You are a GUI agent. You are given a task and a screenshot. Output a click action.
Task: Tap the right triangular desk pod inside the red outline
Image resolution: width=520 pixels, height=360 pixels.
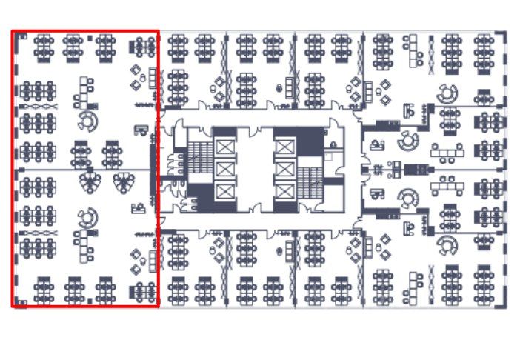(122, 181)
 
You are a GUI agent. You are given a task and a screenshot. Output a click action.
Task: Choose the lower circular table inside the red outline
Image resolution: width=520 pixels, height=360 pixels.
(87, 217)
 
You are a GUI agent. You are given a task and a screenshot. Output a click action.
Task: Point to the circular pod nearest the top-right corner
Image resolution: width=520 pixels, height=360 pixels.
(447, 94)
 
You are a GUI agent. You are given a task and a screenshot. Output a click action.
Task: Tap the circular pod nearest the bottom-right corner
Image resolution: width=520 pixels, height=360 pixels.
(447, 244)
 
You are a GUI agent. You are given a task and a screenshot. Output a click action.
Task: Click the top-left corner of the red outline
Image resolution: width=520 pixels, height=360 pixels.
(13, 32)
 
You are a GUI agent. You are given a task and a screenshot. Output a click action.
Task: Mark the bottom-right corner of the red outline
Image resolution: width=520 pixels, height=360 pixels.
(158, 305)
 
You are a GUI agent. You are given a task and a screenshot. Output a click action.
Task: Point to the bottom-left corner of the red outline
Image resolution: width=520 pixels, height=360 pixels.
(13, 305)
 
